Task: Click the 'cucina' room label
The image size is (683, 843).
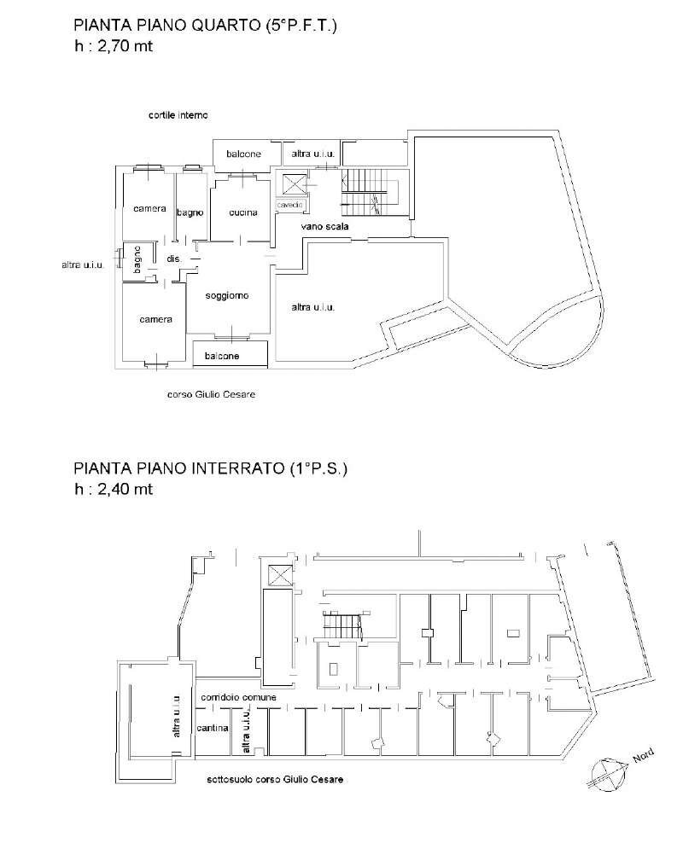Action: [243, 213]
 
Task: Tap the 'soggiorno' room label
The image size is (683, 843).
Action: [227, 296]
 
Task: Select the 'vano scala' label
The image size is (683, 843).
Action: [324, 226]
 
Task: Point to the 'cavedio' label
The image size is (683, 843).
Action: [290, 205]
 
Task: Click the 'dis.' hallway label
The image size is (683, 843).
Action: [174, 259]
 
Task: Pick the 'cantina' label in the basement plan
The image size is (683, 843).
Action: [213, 728]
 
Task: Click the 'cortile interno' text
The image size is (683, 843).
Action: [178, 115]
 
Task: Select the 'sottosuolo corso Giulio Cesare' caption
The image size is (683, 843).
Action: [275, 779]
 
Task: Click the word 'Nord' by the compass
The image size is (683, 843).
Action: [643, 755]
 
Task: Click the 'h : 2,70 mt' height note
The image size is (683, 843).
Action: [114, 46]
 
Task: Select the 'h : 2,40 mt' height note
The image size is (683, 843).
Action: [114, 489]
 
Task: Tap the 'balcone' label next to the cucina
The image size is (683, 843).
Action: [243, 154]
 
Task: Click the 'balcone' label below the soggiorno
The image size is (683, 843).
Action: [222, 356]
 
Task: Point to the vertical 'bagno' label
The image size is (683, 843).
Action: [137, 260]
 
